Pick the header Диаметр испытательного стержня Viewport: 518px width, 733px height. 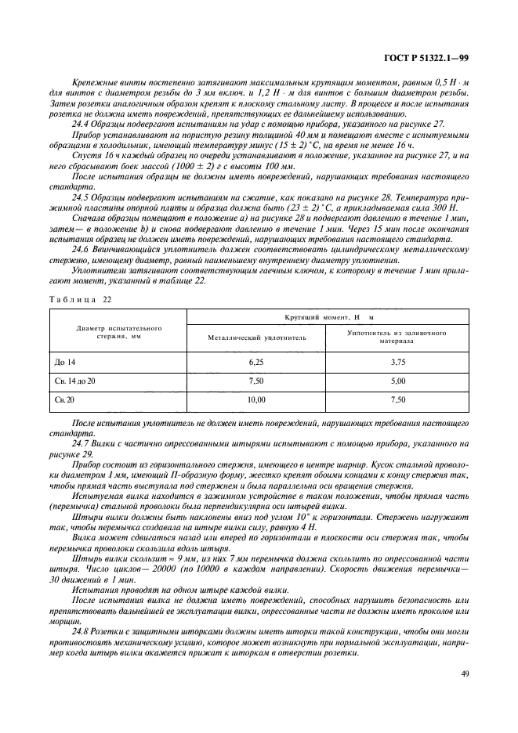[118, 331]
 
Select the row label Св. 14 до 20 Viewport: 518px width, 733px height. [73, 380]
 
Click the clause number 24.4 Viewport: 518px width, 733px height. [81, 124]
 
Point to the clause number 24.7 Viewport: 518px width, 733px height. [81, 443]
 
